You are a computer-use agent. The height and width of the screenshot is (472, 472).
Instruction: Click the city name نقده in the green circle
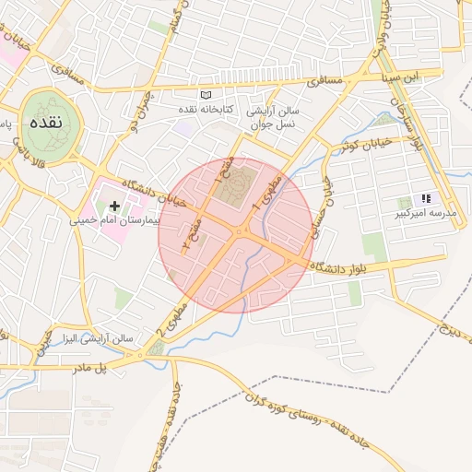click(x=44, y=123)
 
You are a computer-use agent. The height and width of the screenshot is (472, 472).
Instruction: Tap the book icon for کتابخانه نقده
click(x=206, y=95)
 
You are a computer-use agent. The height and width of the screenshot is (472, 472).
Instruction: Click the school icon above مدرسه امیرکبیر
click(x=426, y=198)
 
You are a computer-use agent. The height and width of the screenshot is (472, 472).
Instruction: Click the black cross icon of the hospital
click(x=114, y=206)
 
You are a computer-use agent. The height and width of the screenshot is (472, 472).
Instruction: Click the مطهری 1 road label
click(x=276, y=189)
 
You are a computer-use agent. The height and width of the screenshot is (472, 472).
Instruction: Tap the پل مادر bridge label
click(x=90, y=368)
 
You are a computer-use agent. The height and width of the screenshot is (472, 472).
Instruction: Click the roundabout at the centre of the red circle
click(x=241, y=232)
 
